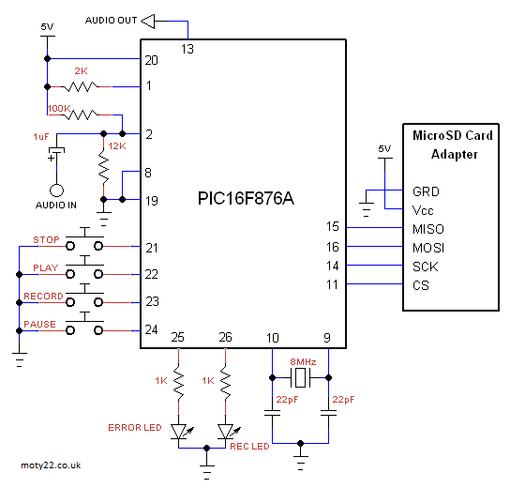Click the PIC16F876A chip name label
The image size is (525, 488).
[x=246, y=198]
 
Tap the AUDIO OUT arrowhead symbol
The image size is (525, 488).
[x=148, y=21]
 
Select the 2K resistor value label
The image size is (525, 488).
[x=81, y=71]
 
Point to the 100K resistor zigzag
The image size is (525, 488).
[x=82, y=114]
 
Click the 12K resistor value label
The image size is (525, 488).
[x=117, y=146]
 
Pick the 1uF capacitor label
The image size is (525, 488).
[x=41, y=137]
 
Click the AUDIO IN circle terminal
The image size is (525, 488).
[x=56, y=191]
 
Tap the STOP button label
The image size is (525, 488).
[x=46, y=240]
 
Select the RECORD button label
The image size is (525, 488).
[x=43, y=297]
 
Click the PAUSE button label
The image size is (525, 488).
[x=39, y=325]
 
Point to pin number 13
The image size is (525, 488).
[x=187, y=49]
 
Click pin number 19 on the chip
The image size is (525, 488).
[x=151, y=201]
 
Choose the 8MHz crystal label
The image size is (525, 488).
[x=303, y=362]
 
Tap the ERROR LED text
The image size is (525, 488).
[x=135, y=428]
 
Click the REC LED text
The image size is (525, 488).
[x=249, y=447]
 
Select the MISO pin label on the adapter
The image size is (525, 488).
[x=428, y=229]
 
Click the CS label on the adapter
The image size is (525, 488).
[x=421, y=285]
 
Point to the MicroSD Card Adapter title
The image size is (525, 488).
[x=453, y=145]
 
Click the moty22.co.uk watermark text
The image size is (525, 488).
[x=51, y=465]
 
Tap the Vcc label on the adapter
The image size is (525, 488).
[x=423, y=210]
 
